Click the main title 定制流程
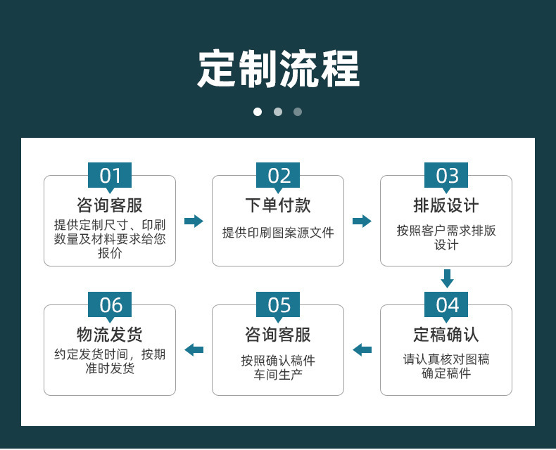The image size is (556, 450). pos(278,68)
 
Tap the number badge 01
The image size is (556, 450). pos(110,176)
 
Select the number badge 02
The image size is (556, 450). pos(278,176)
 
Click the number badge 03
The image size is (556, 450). pos(446,176)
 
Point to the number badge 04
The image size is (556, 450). pos(446,305)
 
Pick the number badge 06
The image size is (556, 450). pos(110,305)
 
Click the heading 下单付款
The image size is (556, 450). pos(278,205)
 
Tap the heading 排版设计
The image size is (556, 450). pos(446,205)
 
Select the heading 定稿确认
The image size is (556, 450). pos(446,335)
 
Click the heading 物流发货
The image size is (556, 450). pos(110,335)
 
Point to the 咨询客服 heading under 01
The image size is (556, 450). pos(110,205)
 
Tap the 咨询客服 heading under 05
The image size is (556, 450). pos(278,335)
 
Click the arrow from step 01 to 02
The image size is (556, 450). pos(194,221)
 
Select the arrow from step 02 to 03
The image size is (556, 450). pos(362,221)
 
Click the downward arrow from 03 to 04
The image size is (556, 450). pos(447,278)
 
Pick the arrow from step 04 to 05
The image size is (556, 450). pos(362,349)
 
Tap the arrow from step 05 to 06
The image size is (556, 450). pos(194,349)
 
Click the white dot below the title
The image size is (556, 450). pos(258,112)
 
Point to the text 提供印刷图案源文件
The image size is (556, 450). pos(278,233)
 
